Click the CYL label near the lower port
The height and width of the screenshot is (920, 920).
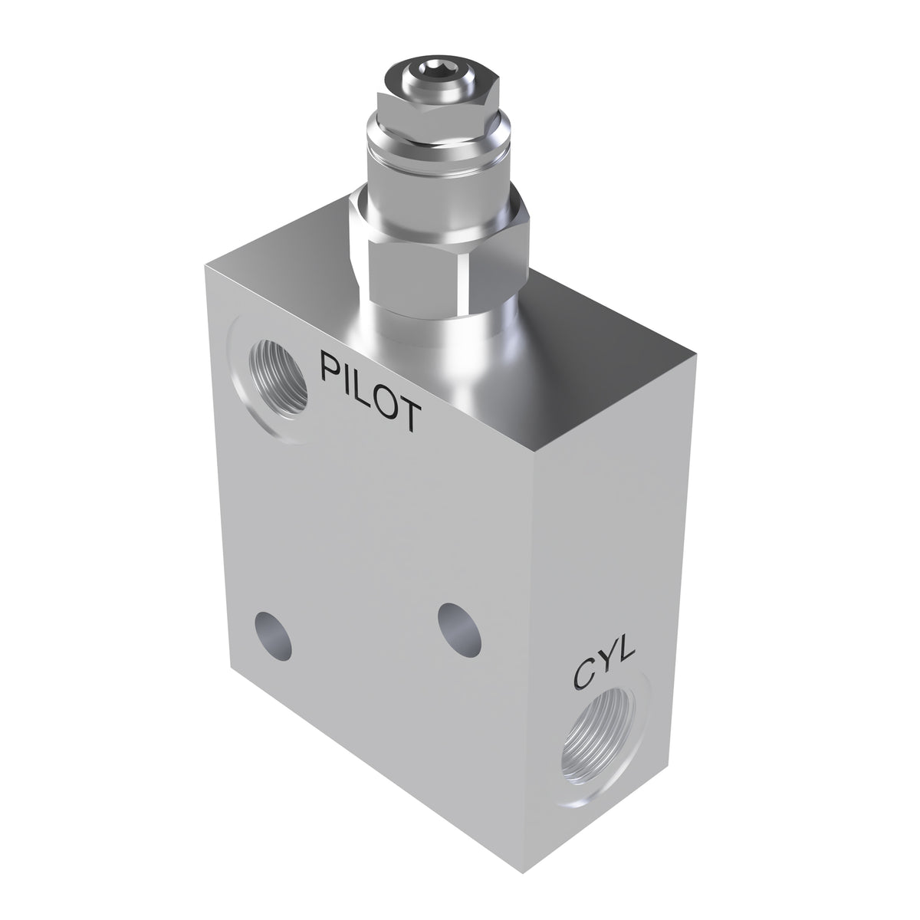point(605,668)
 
